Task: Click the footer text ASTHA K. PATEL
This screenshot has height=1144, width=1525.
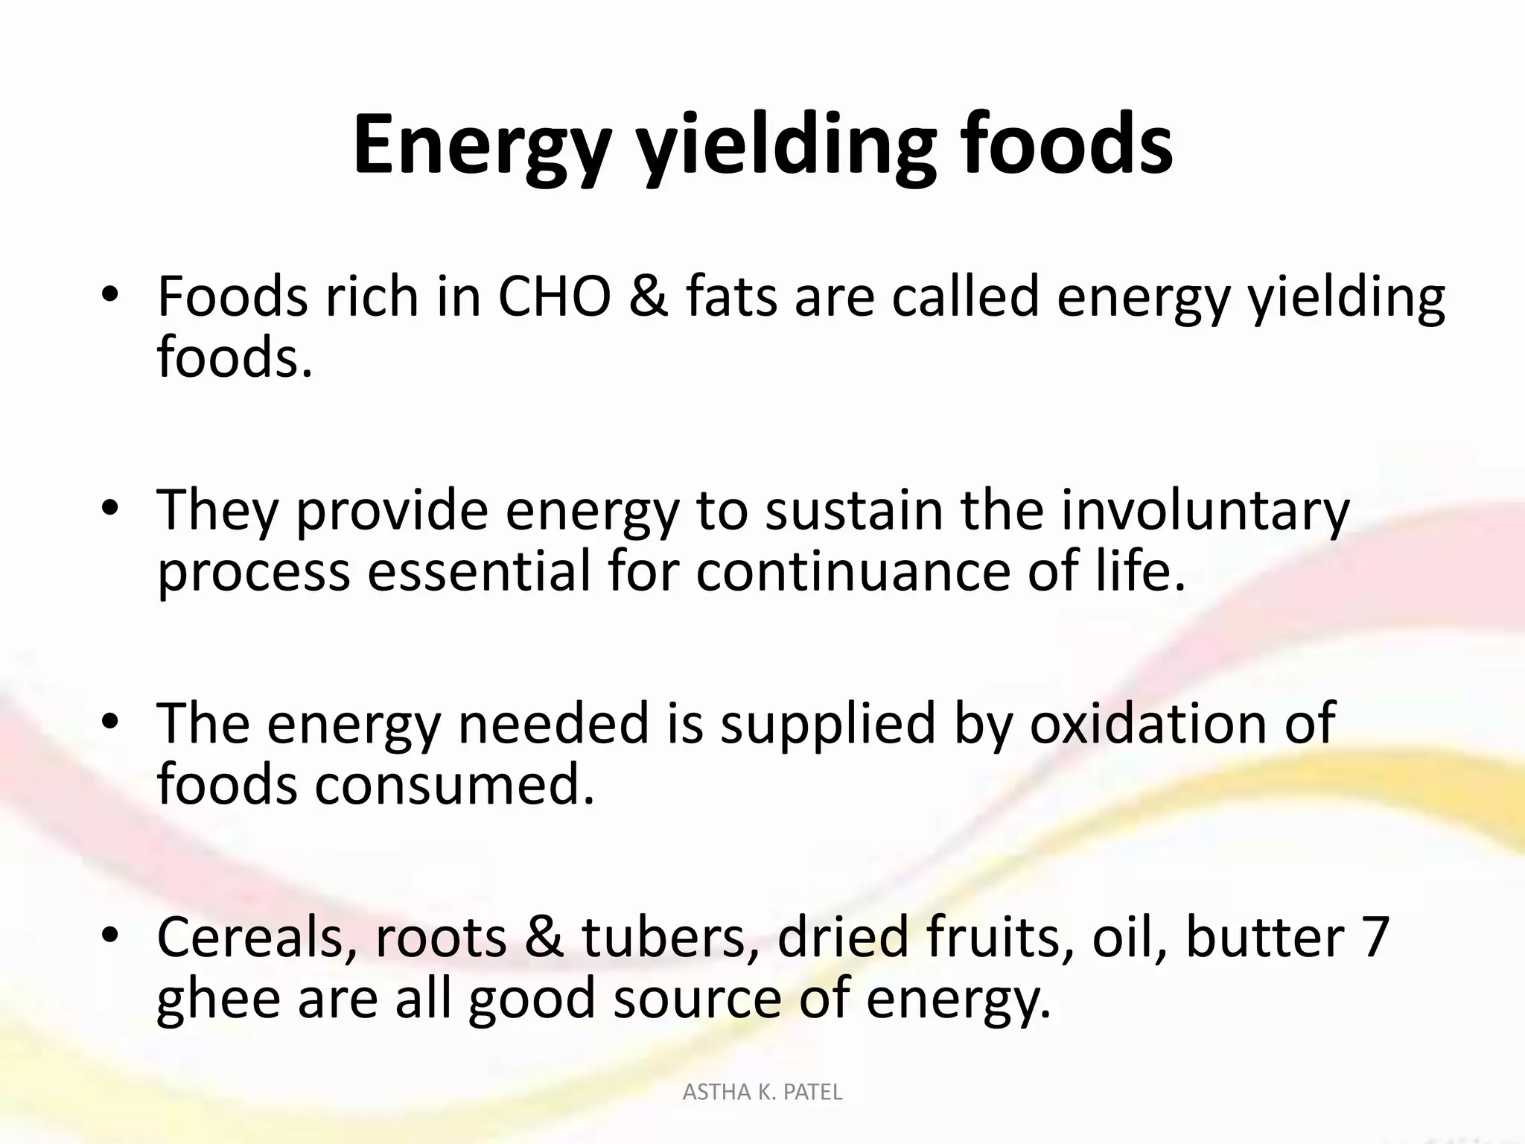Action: (x=762, y=1093)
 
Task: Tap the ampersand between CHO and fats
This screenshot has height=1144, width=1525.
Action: (x=648, y=296)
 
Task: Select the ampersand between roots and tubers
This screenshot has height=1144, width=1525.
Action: (x=544, y=937)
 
